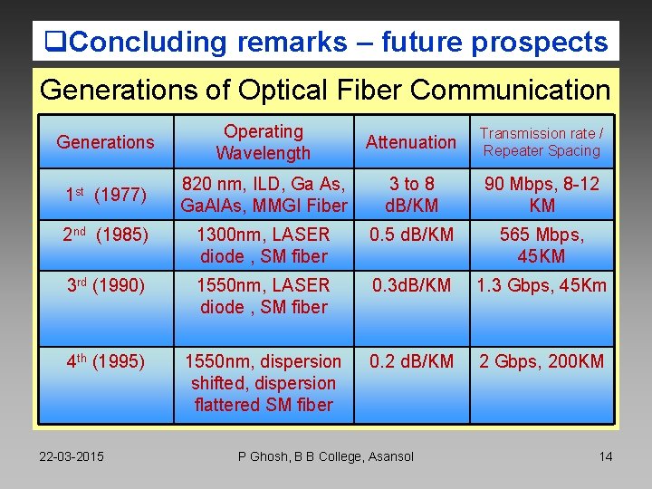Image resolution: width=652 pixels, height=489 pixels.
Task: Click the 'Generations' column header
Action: pos(105,142)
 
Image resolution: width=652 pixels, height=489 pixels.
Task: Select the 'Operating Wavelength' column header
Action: pos(263,142)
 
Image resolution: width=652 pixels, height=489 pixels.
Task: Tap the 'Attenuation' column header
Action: pos(411,142)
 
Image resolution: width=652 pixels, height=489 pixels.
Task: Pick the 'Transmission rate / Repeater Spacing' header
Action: pos(542,142)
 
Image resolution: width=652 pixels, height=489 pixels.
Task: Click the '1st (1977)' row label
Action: pos(105,195)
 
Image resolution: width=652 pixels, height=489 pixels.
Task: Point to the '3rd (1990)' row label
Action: pos(105,286)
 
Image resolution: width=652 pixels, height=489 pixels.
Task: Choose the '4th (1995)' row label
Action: pos(105,362)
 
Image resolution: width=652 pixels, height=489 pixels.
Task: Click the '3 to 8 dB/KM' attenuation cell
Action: pos(411,195)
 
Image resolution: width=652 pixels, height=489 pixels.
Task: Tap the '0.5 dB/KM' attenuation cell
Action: pos(411,235)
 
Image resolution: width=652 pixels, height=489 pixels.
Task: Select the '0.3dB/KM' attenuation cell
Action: pos(411,286)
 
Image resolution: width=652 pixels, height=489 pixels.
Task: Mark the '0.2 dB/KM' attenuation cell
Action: pos(411,362)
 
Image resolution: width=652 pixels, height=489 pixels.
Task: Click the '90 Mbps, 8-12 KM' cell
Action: pos(542,195)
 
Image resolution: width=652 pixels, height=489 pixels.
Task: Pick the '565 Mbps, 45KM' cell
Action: pos(542,245)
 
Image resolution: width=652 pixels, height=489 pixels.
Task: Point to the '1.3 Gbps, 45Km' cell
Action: pos(542,286)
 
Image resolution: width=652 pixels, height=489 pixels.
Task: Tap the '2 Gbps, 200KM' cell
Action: pos(542,362)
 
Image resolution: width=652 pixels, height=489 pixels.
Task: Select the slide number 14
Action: pos(605,456)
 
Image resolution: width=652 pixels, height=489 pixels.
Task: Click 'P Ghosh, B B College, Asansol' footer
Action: pos(326,456)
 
